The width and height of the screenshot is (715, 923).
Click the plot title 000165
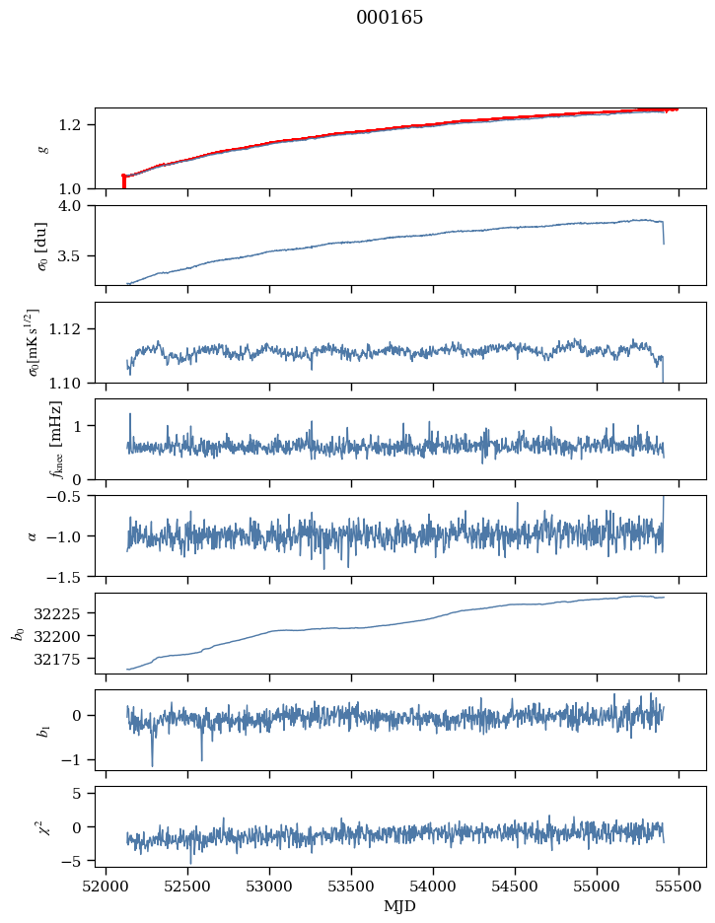390,18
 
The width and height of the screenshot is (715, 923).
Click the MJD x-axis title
399,905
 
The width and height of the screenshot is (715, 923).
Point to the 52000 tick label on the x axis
106,887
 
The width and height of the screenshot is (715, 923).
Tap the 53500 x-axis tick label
351,887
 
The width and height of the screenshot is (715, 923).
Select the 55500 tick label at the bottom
679,887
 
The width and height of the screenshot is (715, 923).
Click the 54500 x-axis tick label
515,887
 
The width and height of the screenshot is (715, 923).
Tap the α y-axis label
33,536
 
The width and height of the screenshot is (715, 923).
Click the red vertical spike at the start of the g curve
123,181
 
